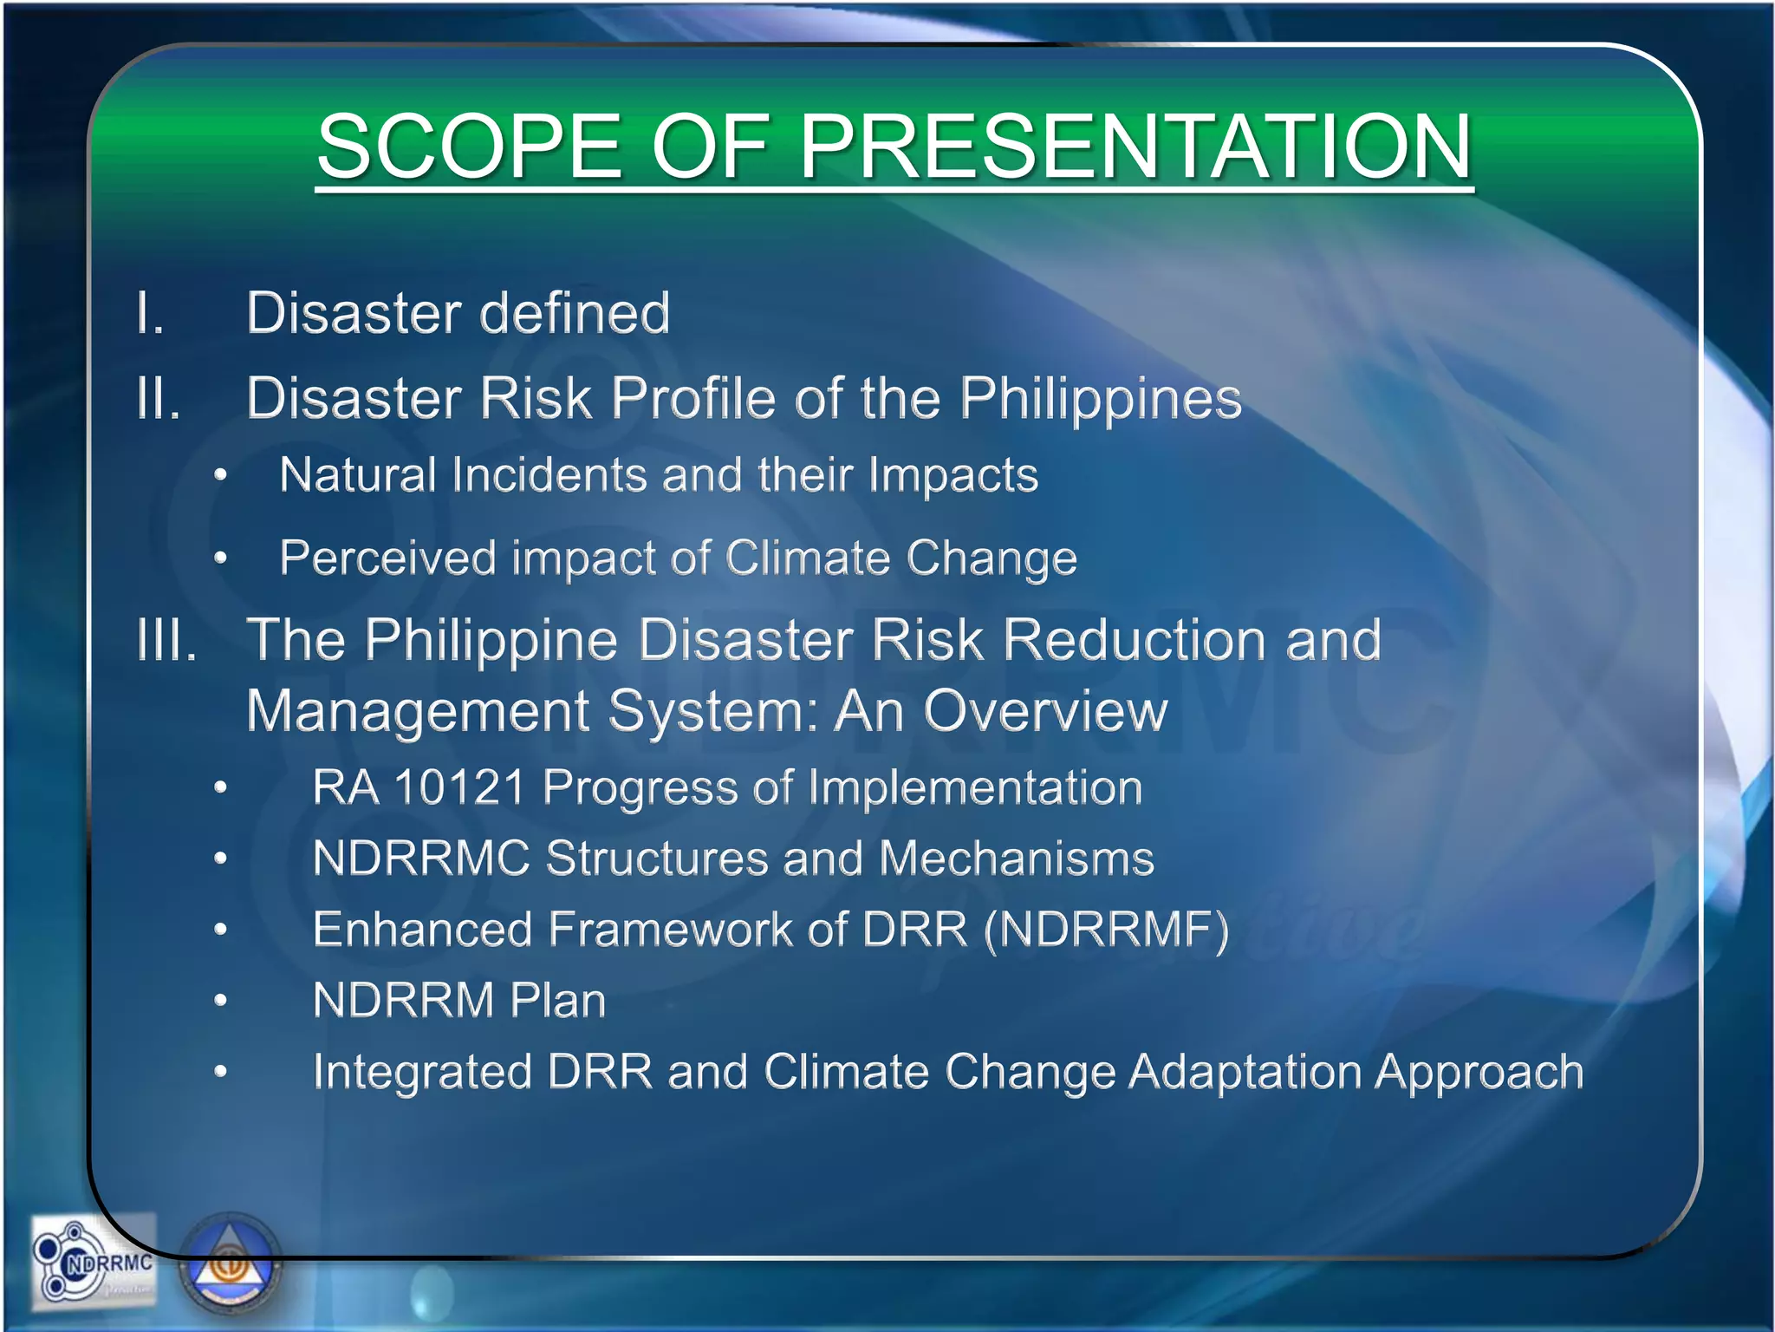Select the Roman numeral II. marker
point(159,398)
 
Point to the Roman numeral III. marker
point(167,640)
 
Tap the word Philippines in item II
point(1101,400)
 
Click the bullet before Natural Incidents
point(221,475)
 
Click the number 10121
point(459,787)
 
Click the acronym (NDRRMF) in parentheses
point(1107,930)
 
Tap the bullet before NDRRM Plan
point(221,1001)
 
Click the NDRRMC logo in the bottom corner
point(94,1262)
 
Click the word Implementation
point(975,787)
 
